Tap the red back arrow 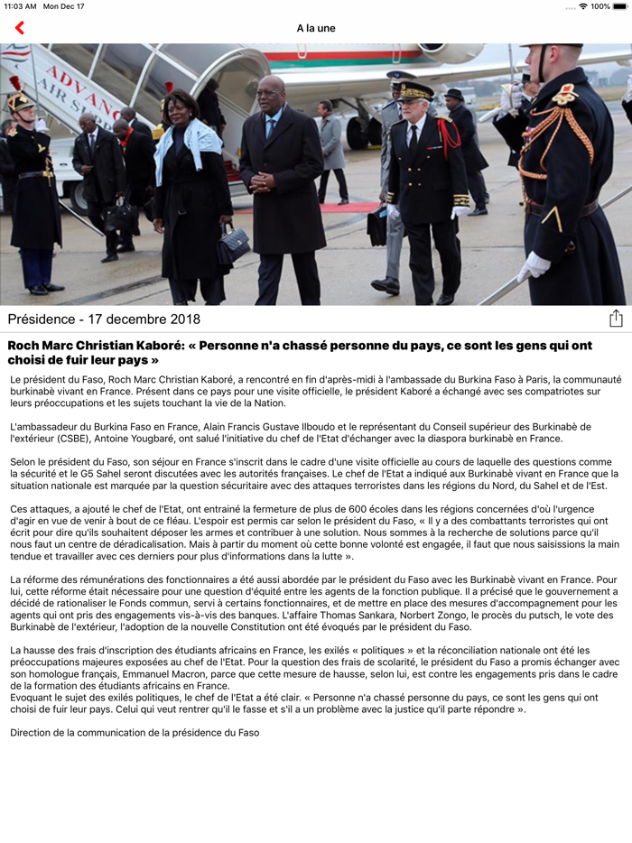pos(20,28)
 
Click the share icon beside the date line pos(616,319)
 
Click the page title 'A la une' pos(316,28)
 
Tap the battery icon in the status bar pos(620,6)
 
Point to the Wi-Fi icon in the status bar pos(583,6)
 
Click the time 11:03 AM pos(20,6)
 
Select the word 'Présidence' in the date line pos(41,320)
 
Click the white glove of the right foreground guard pos(534,267)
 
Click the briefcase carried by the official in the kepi pos(376,226)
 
